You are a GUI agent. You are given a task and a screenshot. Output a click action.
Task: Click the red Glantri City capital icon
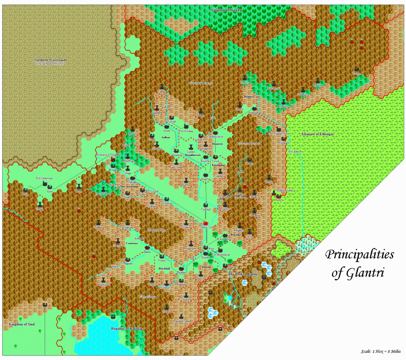coord(205,223)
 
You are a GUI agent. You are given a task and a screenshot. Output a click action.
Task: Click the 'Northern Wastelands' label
coord(50,60)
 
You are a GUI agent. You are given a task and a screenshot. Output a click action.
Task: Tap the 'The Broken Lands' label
coord(242,274)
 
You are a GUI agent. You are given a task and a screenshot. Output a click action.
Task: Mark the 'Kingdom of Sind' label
coord(22,324)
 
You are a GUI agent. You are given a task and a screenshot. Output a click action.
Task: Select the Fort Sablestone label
coord(44,179)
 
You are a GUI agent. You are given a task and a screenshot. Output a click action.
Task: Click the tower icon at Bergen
coord(201,110)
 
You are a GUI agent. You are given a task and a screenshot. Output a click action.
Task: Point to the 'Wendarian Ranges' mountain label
coord(201,83)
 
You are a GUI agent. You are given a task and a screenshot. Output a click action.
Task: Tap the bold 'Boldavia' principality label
coord(249,97)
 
